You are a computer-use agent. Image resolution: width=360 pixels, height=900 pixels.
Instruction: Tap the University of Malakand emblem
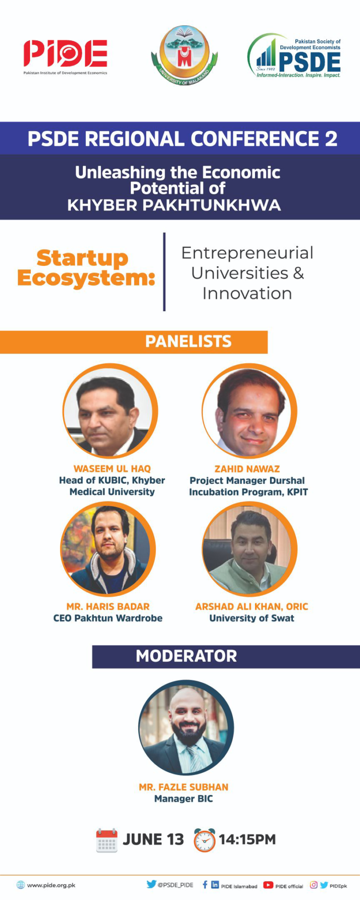pos(184,56)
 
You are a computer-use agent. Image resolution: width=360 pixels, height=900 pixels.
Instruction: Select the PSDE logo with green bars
pos(294,56)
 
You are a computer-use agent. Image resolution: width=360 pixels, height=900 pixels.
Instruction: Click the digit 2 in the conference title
pos(331,139)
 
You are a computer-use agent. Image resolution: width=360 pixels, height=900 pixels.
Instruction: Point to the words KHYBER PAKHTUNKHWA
pos(174,205)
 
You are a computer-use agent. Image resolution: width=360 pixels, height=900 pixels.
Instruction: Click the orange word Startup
pos(82,258)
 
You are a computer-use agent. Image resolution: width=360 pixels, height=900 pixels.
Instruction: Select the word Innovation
pos(247,293)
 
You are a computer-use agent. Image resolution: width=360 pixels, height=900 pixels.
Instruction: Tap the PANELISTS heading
pos(188,341)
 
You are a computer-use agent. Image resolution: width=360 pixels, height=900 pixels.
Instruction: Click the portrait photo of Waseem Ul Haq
pos(110,411)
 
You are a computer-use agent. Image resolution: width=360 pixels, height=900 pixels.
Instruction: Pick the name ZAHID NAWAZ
pos(247,469)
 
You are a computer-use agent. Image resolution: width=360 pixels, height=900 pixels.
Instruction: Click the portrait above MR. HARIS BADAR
pos(108,549)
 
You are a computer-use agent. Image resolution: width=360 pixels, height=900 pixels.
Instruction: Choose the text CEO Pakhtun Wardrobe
pos(108,618)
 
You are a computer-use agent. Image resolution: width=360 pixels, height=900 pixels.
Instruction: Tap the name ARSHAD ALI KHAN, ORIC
pos(252,607)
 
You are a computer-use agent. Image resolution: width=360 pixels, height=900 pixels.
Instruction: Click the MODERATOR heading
pos(186,656)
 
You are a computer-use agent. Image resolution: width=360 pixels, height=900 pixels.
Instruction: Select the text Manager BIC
pos(184,799)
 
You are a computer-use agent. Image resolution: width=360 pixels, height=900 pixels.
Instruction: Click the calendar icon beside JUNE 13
pos(106,840)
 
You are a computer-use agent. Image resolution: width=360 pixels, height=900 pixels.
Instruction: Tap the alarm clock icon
pos(205,840)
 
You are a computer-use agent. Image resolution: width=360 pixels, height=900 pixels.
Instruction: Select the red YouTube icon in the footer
pos(268,885)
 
